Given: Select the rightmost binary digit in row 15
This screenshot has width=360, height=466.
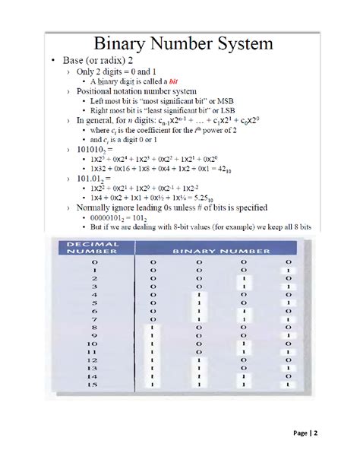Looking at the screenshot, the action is [288, 386].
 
